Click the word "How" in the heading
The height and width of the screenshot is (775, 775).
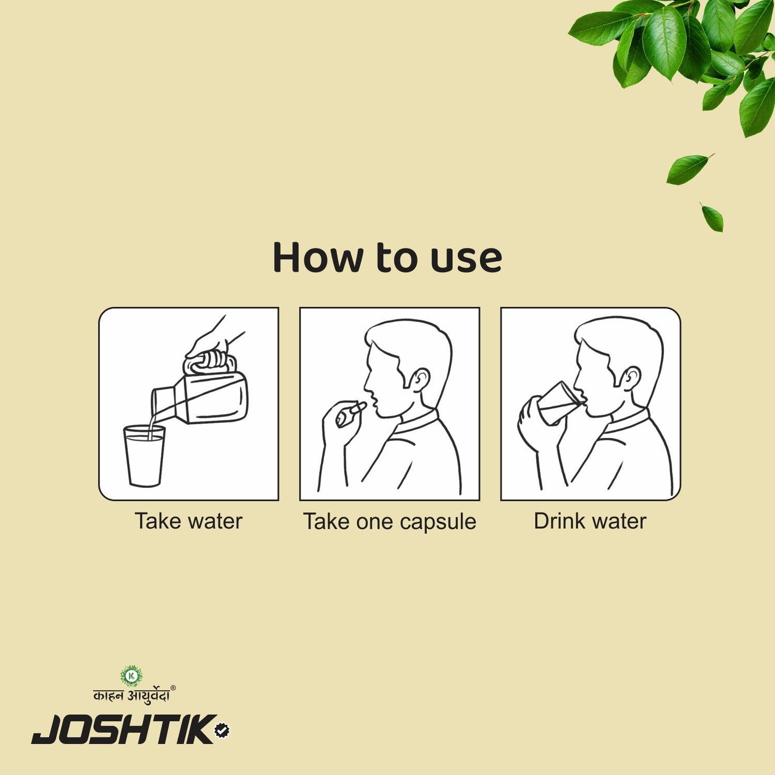point(317,258)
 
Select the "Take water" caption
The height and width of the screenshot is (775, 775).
point(188,521)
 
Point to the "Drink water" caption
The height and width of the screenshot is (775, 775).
point(590,521)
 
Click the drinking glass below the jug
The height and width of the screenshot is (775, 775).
point(144,456)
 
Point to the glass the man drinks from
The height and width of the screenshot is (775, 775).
point(558,403)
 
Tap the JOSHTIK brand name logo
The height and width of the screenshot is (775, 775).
point(123,729)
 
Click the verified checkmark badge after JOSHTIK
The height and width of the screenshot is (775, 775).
point(222,730)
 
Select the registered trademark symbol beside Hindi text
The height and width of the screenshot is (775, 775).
point(173,688)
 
